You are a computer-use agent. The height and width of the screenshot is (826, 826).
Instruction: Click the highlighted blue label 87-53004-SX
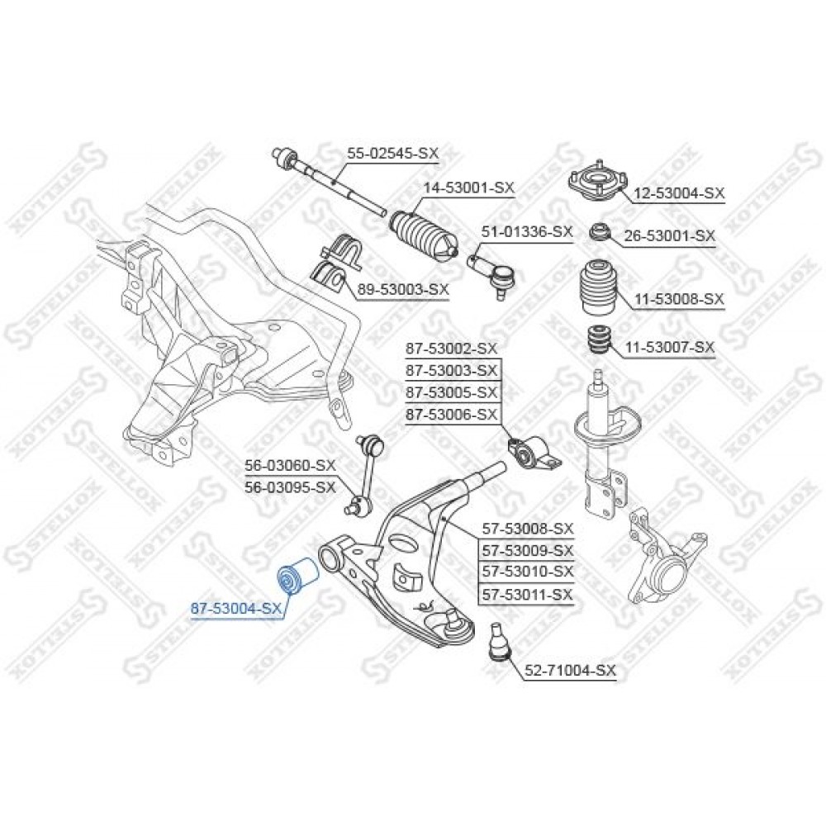point(236,609)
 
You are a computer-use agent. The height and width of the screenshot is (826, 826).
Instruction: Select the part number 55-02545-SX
point(392,154)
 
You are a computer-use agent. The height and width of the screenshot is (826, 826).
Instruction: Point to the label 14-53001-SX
point(469,187)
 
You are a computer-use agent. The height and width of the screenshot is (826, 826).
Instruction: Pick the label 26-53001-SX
point(670,235)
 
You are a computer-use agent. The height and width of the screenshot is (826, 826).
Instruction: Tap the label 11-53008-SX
point(679,299)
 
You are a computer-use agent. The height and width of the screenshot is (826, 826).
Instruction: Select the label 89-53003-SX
point(403,289)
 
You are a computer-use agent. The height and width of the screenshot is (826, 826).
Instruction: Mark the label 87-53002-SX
point(452,349)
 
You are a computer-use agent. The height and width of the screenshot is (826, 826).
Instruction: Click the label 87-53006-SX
point(452,415)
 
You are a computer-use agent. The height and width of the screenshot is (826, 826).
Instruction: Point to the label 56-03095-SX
point(290,487)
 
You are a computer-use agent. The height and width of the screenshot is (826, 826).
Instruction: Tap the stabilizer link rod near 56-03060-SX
point(365,473)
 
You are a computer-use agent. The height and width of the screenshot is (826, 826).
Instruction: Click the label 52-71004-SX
point(570,671)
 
